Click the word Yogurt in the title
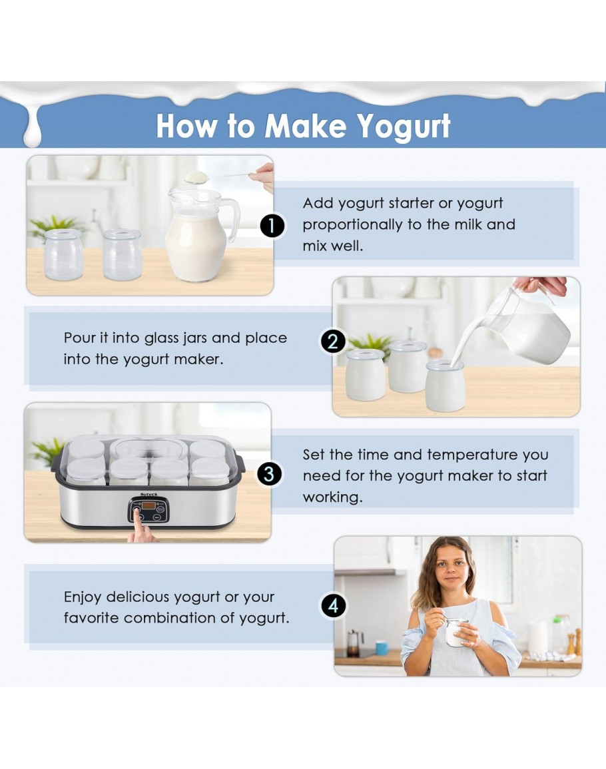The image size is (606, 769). tap(404, 127)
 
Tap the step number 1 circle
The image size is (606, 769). tap(272, 226)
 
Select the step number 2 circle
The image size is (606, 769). tap(333, 342)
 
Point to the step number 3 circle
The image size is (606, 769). tap(269, 474)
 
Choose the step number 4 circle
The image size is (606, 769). tap(334, 606)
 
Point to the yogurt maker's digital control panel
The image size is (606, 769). tap(149, 509)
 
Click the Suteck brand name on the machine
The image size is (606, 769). tap(149, 494)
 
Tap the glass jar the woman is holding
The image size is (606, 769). tap(456, 632)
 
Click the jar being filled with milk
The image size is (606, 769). tap(445, 385)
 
